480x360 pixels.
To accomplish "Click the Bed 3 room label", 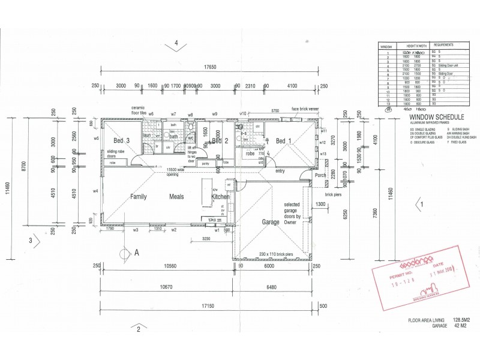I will (x=122, y=140).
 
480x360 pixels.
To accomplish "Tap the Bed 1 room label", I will (x=284, y=140).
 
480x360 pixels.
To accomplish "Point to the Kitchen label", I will (x=220, y=197).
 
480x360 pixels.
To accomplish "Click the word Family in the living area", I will (x=139, y=197).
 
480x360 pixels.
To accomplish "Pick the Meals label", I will (x=176, y=197).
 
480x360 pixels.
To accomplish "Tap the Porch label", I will (x=320, y=176).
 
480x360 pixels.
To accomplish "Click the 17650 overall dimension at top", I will (x=209, y=68).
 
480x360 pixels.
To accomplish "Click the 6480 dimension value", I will (x=274, y=287).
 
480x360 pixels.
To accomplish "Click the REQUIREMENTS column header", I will (x=443, y=45).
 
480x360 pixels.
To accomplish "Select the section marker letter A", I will (x=136, y=253).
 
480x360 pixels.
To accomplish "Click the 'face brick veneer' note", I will (x=304, y=109).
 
